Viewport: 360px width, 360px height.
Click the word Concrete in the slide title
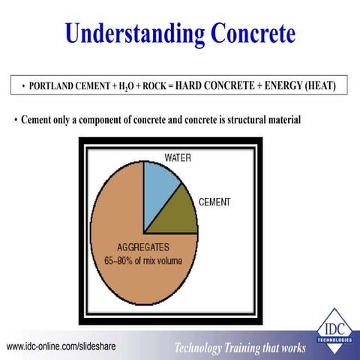coord(244,33)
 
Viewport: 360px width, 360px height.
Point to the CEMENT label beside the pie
coord(214,202)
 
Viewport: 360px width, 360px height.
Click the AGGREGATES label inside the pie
coord(143,247)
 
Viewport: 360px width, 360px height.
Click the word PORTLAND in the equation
coord(54,86)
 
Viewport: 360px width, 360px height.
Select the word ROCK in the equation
coord(153,86)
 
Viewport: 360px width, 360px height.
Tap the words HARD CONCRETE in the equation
coord(215,85)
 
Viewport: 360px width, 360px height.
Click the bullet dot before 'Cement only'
coord(16,120)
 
